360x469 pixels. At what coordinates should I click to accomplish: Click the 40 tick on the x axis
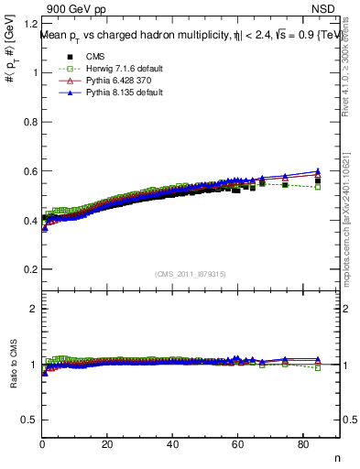click(x=173, y=445)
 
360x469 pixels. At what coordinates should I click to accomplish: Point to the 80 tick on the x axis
click(x=303, y=445)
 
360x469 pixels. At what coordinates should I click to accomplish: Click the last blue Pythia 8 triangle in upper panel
click(x=317, y=171)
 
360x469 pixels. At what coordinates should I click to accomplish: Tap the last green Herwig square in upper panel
click(x=317, y=186)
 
